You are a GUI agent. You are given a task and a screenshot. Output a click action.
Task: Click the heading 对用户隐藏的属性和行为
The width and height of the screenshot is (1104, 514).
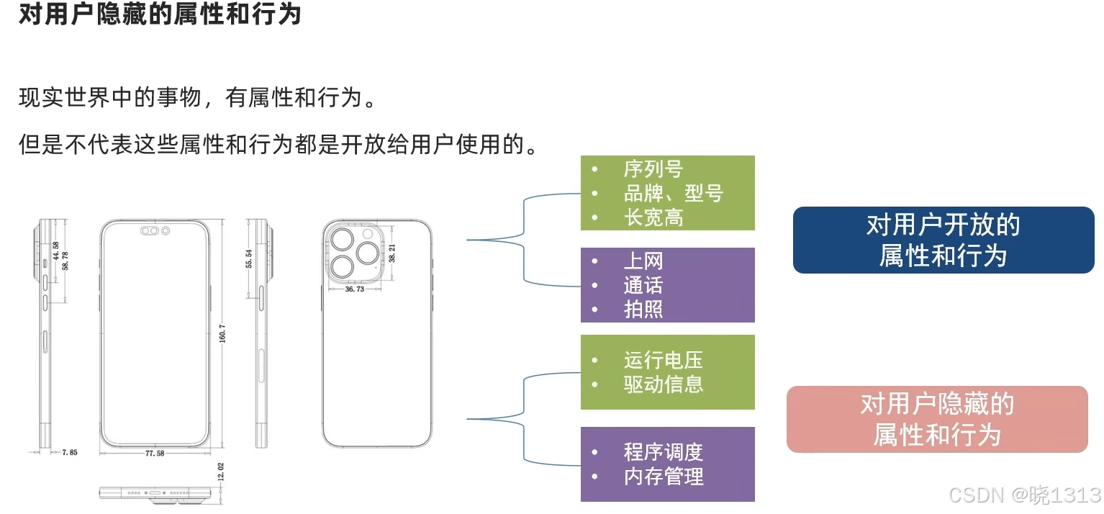pos(159,14)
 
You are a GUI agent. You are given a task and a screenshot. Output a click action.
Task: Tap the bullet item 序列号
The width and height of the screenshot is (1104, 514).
pos(653,170)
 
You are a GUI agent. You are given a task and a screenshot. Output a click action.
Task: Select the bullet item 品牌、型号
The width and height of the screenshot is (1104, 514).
pos(673,193)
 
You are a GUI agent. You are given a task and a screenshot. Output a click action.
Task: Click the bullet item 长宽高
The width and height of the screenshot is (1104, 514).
pos(653,217)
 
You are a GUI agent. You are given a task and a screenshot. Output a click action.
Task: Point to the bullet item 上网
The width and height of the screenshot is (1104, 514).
pos(643,261)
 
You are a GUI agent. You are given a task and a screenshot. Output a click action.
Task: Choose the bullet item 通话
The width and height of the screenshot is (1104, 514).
pos(643,285)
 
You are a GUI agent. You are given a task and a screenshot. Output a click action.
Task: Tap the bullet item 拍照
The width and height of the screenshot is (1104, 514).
pos(643,309)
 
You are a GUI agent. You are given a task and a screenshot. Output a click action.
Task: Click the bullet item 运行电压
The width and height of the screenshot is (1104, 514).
pos(663,360)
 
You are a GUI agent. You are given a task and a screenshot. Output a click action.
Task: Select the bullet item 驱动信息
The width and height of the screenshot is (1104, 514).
pos(663,384)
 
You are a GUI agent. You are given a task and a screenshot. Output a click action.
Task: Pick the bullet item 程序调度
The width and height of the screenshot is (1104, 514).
pos(663,452)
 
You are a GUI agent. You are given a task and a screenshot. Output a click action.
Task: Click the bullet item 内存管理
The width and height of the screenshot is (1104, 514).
pos(663,476)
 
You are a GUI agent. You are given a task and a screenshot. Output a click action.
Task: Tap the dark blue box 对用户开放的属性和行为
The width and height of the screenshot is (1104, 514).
pos(943,240)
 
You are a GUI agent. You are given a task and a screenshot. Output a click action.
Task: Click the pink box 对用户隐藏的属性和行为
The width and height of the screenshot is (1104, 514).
pos(937,419)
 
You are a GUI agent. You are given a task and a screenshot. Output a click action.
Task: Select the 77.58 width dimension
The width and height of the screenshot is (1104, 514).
pos(154,454)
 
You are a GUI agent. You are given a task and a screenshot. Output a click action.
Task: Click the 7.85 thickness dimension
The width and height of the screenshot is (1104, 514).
pos(69,453)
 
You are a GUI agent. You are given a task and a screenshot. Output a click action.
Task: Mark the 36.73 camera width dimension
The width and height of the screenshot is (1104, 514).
pos(354,289)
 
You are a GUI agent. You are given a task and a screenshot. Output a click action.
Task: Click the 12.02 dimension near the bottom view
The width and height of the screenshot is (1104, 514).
pos(221,472)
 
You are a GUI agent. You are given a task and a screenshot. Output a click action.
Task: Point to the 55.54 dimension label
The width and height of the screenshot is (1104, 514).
pos(249,259)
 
